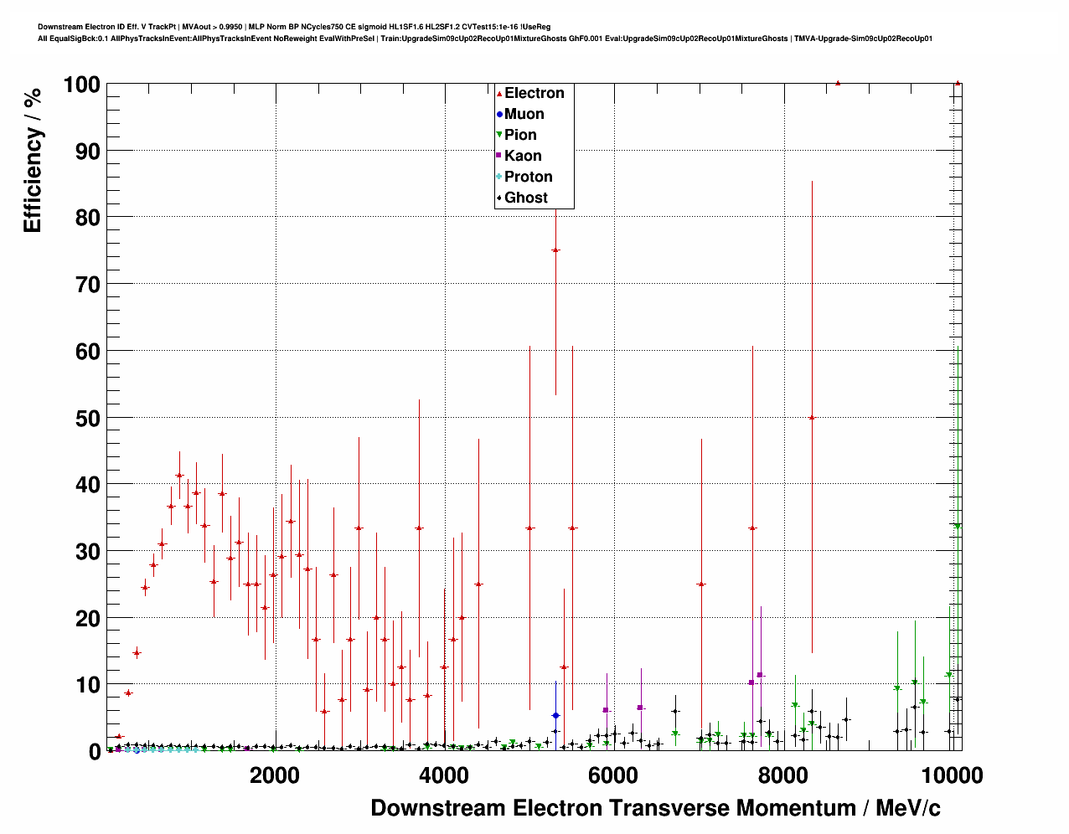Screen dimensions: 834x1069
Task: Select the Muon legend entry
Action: click(524, 114)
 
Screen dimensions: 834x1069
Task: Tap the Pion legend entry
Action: click(520, 135)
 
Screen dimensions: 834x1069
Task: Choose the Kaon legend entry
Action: click(523, 156)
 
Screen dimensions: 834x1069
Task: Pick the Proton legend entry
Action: click(528, 177)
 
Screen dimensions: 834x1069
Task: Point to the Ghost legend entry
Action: click(525, 198)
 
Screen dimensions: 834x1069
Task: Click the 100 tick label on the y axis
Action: click(81, 85)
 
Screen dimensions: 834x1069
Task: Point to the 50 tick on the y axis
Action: click(87, 418)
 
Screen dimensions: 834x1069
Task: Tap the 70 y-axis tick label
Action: click(87, 285)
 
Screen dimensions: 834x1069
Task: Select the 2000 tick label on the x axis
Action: click(275, 775)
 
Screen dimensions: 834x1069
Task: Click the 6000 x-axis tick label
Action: click(613, 775)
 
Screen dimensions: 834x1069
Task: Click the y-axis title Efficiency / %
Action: click(33, 160)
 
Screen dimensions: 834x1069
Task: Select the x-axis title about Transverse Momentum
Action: click(655, 808)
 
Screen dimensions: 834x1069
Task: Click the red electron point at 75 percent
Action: click(555, 250)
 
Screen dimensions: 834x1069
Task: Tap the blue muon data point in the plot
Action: click(555, 716)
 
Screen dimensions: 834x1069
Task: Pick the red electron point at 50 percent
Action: click(811, 418)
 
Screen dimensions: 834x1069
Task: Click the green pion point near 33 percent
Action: click(958, 527)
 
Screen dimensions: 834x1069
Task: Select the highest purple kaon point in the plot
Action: click(760, 675)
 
